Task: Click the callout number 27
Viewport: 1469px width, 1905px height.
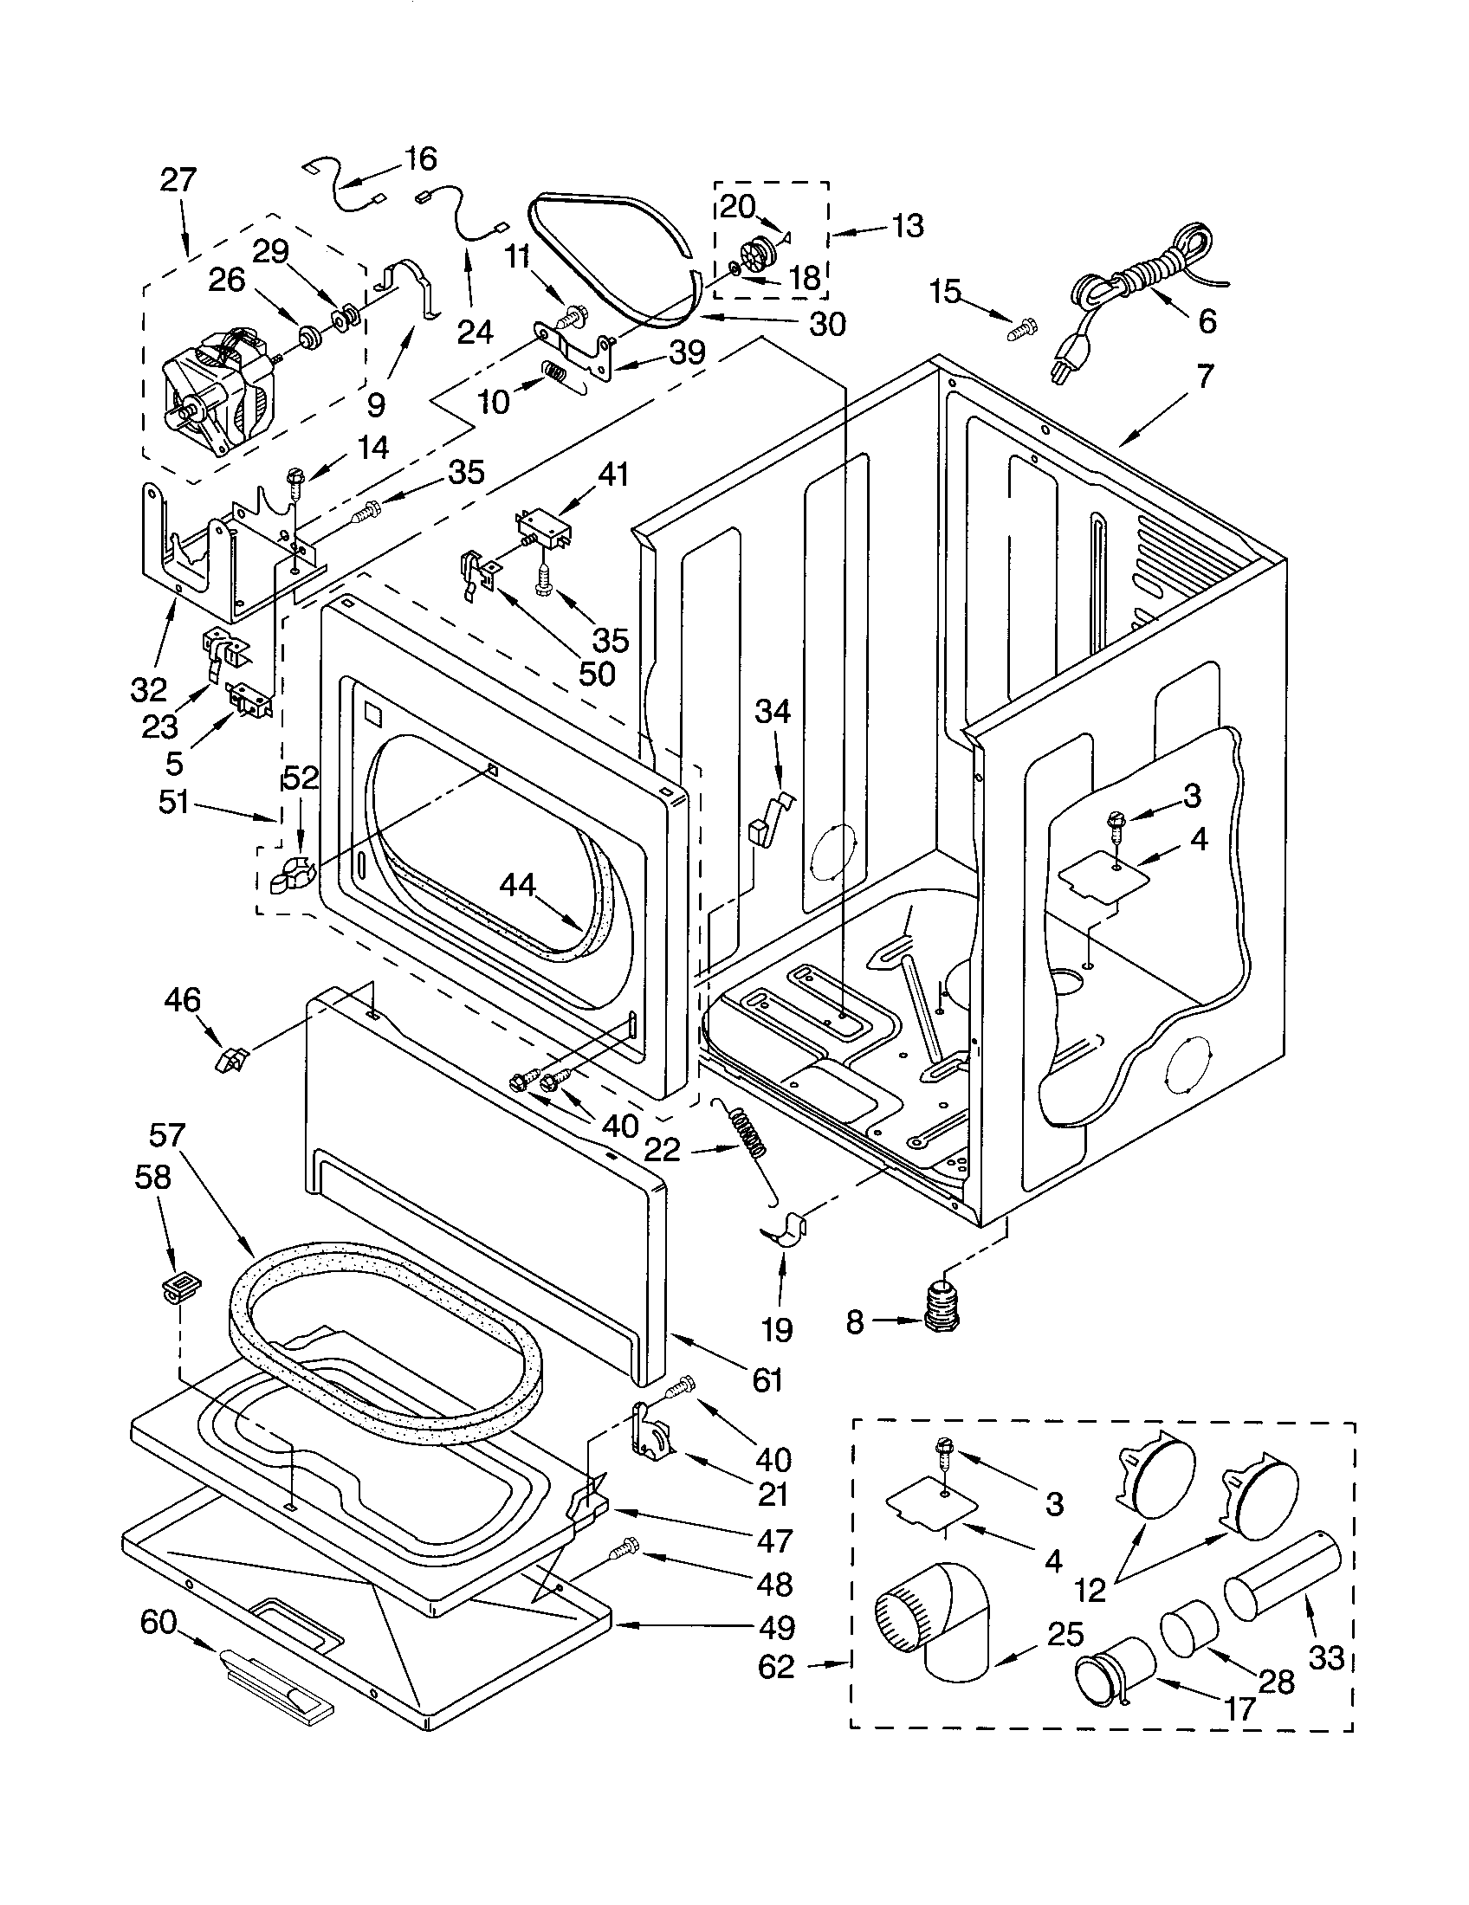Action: tap(178, 180)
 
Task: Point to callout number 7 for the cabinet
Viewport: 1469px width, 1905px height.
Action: tap(1204, 376)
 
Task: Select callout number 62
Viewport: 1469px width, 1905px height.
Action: tap(776, 1667)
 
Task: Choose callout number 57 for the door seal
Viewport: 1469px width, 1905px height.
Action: tap(166, 1135)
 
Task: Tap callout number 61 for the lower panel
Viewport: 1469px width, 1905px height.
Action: tap(767, 1380)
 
